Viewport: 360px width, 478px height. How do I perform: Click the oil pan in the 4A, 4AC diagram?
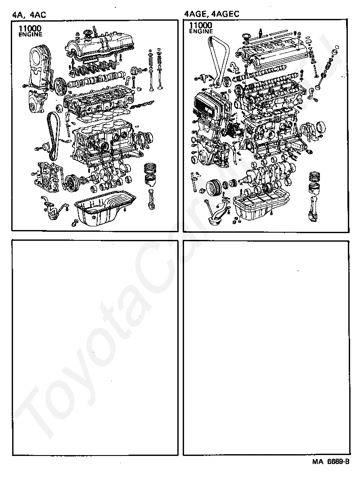point(104,210)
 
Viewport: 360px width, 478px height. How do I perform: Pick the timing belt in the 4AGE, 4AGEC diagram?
point(216,59)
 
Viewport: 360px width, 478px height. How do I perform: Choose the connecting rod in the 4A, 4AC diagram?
point(153,198)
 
